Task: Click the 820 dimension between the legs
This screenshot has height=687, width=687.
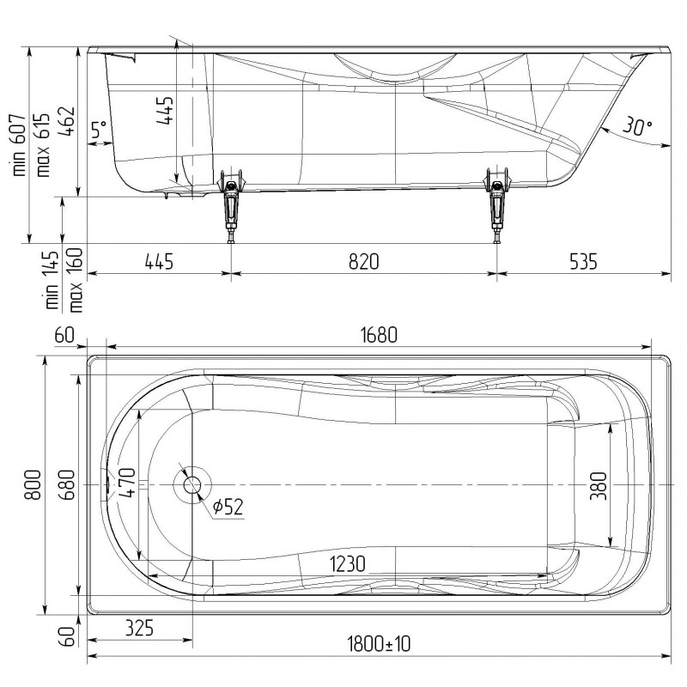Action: tap(363, 262)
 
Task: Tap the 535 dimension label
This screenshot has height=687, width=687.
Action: tap(583, 262)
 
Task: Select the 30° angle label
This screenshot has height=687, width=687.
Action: tap(637, 126)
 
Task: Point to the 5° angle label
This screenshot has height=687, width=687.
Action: tap(99, 130)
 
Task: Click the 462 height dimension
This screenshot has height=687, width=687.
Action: tap(67, 121)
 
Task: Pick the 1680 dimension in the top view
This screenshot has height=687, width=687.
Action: tap(379, 335)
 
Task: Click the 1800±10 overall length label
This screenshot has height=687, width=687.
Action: tap(379, 644)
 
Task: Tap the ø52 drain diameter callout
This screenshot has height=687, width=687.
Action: tap(228, 507)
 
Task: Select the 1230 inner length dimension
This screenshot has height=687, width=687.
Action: tap(348, 564)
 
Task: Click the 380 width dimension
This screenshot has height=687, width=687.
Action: tap(599, 485)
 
